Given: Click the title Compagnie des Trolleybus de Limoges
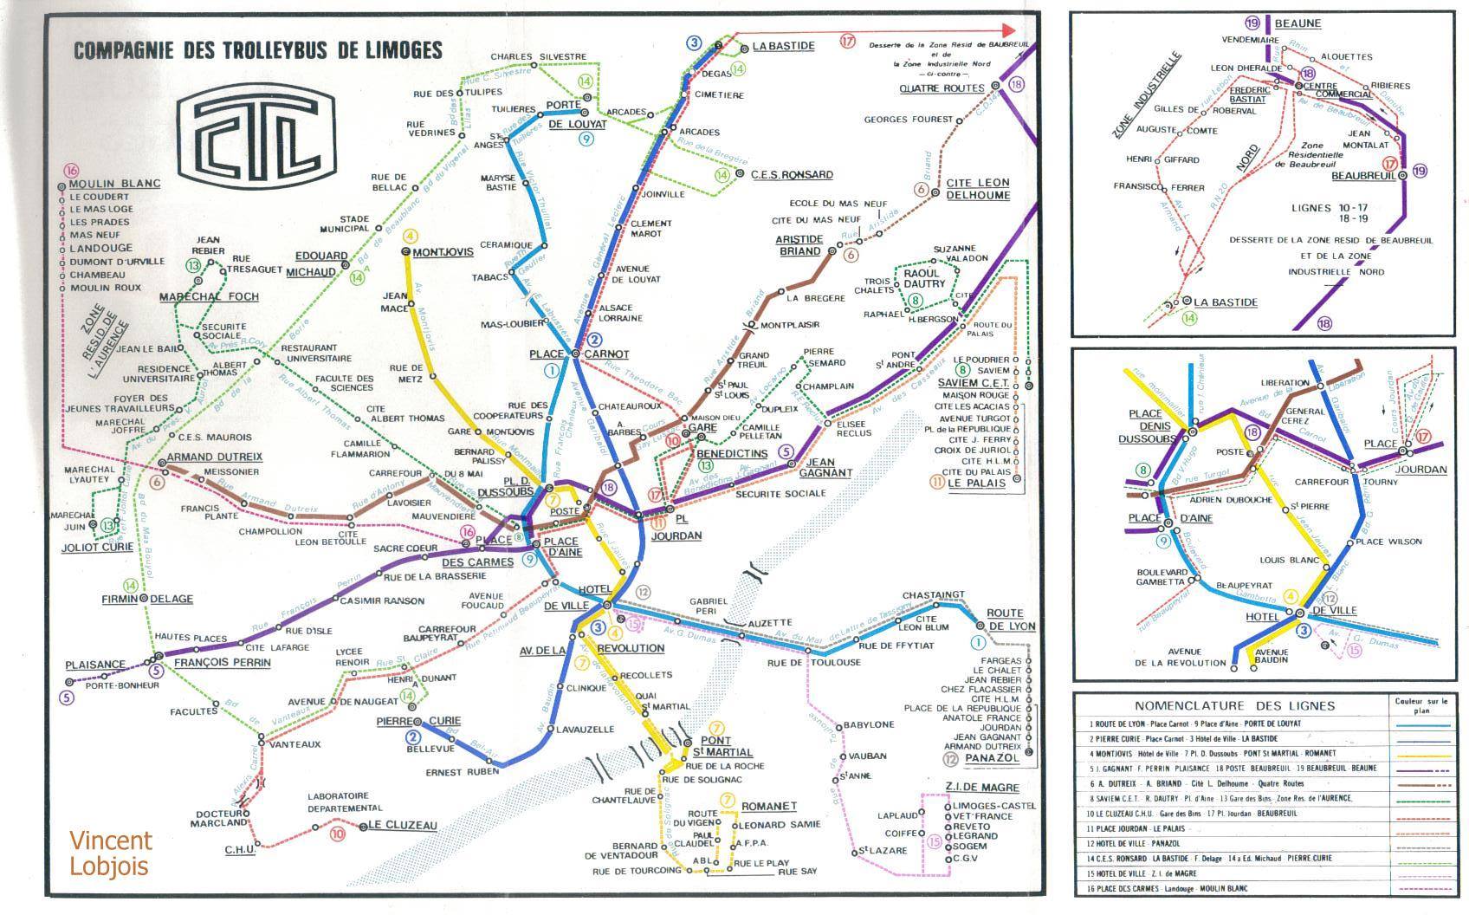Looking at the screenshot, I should click(x=258, y=50).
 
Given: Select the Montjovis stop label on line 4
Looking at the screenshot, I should click(x=443, y=252).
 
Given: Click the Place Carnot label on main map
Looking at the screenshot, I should click(x=578, y=354).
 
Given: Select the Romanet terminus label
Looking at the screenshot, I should click(x=768, y=806).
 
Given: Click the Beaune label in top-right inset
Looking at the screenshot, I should click(x=1297, y=23).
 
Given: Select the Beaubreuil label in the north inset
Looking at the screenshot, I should click(x=1363, y=175).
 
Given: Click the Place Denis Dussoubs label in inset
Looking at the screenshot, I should click(x=1149, y=425).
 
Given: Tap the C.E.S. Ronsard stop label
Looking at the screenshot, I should click(x=791, y=174).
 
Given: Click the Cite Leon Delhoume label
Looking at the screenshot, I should click(x=977, y=189).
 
